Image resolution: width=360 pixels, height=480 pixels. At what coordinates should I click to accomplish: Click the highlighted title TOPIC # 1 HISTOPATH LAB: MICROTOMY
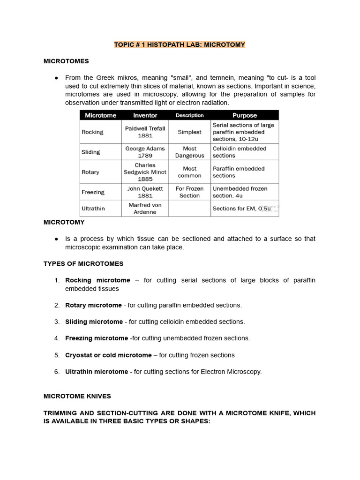(180, 45)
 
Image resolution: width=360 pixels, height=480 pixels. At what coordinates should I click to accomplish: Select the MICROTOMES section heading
(66, 61)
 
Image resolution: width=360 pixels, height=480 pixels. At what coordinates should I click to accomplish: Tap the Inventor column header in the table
(145, 115)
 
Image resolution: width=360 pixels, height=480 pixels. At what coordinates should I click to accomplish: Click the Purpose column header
(245, 115)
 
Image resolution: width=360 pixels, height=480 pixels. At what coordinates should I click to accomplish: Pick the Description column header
(189, 115)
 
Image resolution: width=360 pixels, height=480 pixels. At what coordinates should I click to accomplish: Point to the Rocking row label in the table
(92, 132)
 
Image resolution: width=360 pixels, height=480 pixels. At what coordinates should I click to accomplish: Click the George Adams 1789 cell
(145, 152)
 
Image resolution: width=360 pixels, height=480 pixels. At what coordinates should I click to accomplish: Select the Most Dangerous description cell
(189, 152)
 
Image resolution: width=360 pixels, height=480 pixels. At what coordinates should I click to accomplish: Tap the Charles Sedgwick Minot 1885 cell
(145, 172)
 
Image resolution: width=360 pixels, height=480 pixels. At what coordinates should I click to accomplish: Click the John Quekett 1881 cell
(145, 192)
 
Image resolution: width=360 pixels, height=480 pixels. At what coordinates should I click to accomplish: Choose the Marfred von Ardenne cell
(145, 209)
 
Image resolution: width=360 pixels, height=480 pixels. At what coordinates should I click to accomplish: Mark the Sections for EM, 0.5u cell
(241, 209)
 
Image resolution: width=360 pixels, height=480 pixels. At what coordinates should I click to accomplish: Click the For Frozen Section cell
(189, 192)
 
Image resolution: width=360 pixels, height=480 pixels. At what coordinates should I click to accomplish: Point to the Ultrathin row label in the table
(93, 209)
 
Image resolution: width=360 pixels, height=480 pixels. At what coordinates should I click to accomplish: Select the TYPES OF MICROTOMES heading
(83, 264)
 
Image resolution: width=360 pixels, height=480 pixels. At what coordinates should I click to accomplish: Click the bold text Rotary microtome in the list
(93, 305)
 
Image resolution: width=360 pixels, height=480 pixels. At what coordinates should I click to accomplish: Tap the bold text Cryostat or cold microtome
(108, 355)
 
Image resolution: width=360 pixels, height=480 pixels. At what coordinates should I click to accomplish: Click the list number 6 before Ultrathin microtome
(57, 372)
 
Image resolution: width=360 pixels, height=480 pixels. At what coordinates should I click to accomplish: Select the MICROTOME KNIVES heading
(77, 396)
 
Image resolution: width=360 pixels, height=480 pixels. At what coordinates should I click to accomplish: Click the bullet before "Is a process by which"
(56, 239)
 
